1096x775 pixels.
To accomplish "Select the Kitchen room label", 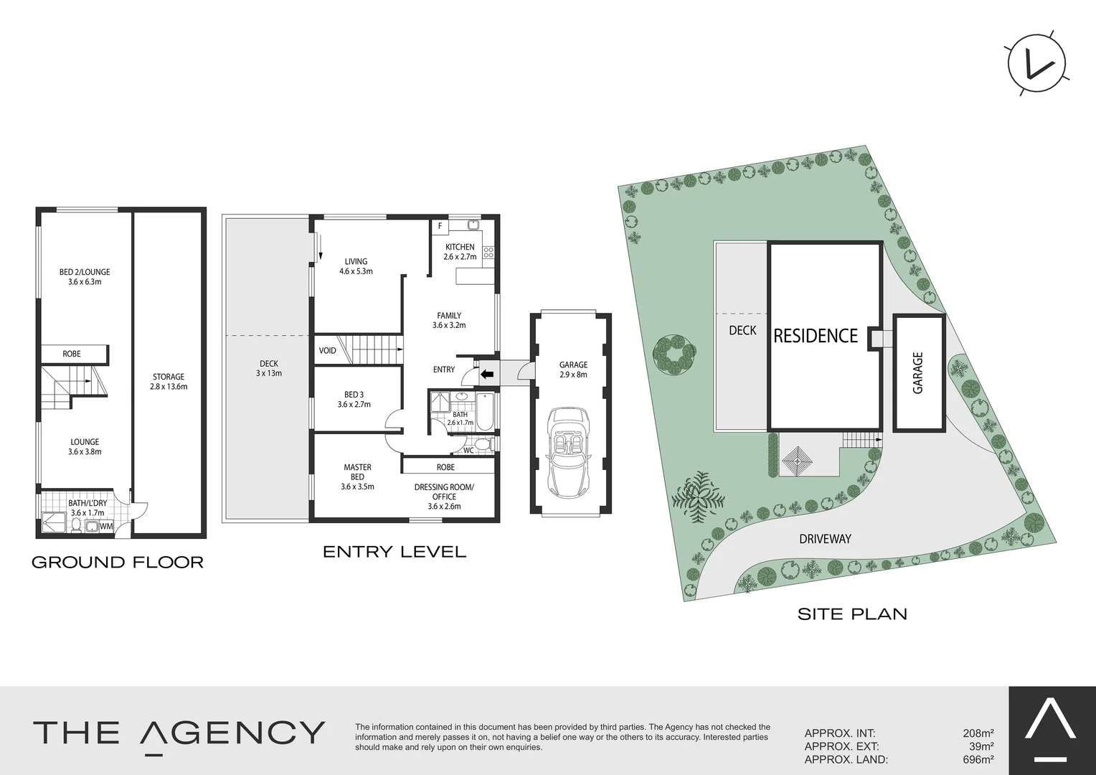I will pos(460,251).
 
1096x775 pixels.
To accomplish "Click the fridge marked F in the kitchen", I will pos(440,225).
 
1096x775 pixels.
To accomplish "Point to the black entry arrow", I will pos(487,374).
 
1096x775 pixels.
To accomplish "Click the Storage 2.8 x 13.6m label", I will pos(169,381).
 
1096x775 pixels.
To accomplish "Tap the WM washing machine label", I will pos(106,527).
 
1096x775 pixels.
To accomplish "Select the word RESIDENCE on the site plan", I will pos(816,336).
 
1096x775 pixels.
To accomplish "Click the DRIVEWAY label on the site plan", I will pos(825,538).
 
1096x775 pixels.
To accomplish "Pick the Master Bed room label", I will pos(357,476).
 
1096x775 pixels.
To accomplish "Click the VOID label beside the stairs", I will pos(328,351).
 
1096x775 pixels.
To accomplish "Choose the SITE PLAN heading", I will pos(852,614).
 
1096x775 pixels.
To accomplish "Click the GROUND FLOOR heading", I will pos(118,562).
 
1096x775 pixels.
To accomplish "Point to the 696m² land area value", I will pos(978,759).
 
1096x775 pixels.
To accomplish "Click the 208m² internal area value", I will pos(978,733).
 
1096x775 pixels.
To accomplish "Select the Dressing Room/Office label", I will pos(444,497).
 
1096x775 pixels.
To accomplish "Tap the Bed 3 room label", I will pos(354,399).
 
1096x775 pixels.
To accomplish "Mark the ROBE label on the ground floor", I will pos(72,354).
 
